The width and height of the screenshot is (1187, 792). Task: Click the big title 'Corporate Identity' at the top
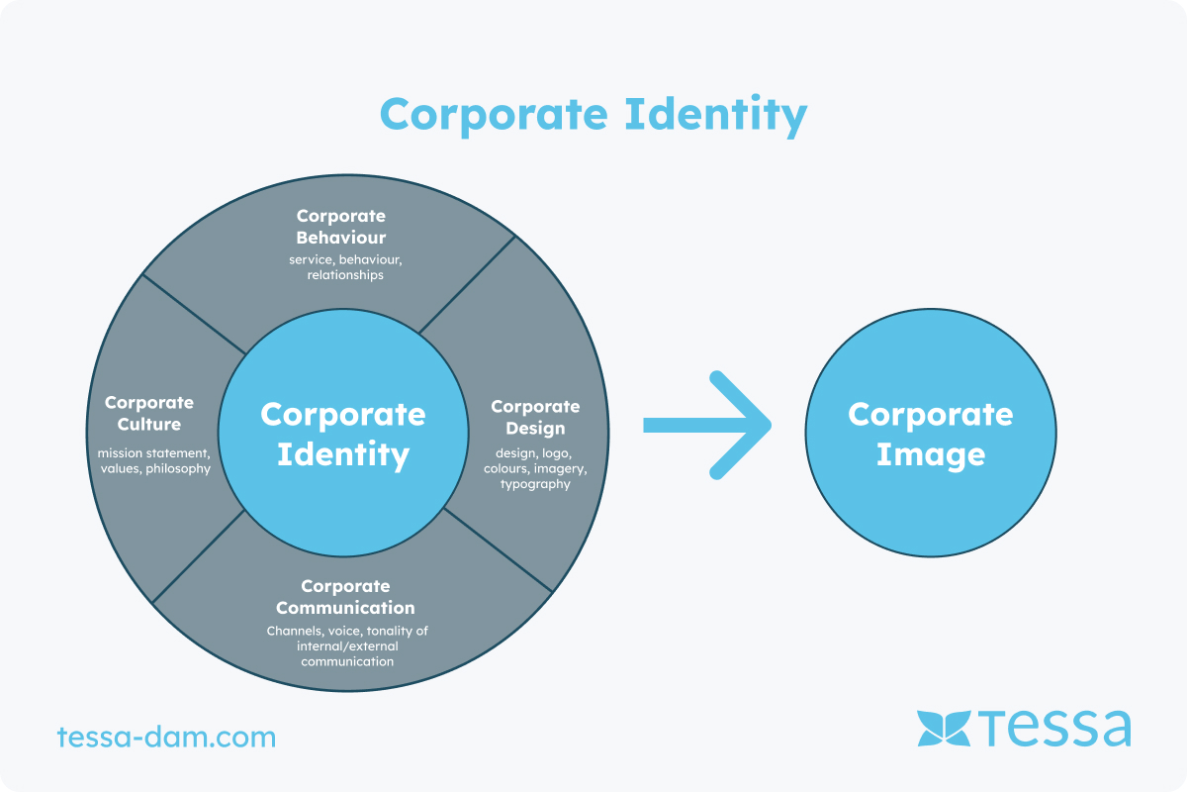[593, 116]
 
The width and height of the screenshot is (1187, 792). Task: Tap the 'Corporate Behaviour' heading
[340, 227]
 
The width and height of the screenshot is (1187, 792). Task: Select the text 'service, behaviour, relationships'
[345, 267]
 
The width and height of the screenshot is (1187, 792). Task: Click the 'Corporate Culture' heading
[149, 413]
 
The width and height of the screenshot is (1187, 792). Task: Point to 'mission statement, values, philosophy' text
[154, 461]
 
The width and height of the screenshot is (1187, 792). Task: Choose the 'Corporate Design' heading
[535, 418]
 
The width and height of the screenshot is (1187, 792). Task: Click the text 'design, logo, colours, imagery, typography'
[535, 469]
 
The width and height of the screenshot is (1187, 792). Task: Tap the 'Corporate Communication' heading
[345, 597]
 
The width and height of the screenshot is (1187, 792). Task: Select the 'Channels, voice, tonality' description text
[347, 646]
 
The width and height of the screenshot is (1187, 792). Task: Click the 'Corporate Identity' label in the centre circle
[343, 434]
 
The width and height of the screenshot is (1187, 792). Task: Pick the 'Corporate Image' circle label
[931, 434]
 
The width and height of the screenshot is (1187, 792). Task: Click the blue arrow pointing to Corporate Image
[707, 426]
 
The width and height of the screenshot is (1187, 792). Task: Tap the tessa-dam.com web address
[166, 737]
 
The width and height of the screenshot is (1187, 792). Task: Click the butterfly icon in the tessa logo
[944, 729]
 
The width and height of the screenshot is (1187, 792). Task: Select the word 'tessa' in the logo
[1054, 729]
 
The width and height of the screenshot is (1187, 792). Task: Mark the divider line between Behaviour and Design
[467, 285]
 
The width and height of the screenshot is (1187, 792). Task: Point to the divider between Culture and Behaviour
[194, 314]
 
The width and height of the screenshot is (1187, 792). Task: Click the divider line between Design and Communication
[499, 550]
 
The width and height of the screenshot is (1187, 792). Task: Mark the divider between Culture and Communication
[198, 556]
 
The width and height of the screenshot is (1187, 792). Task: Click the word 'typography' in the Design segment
[535, 484]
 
